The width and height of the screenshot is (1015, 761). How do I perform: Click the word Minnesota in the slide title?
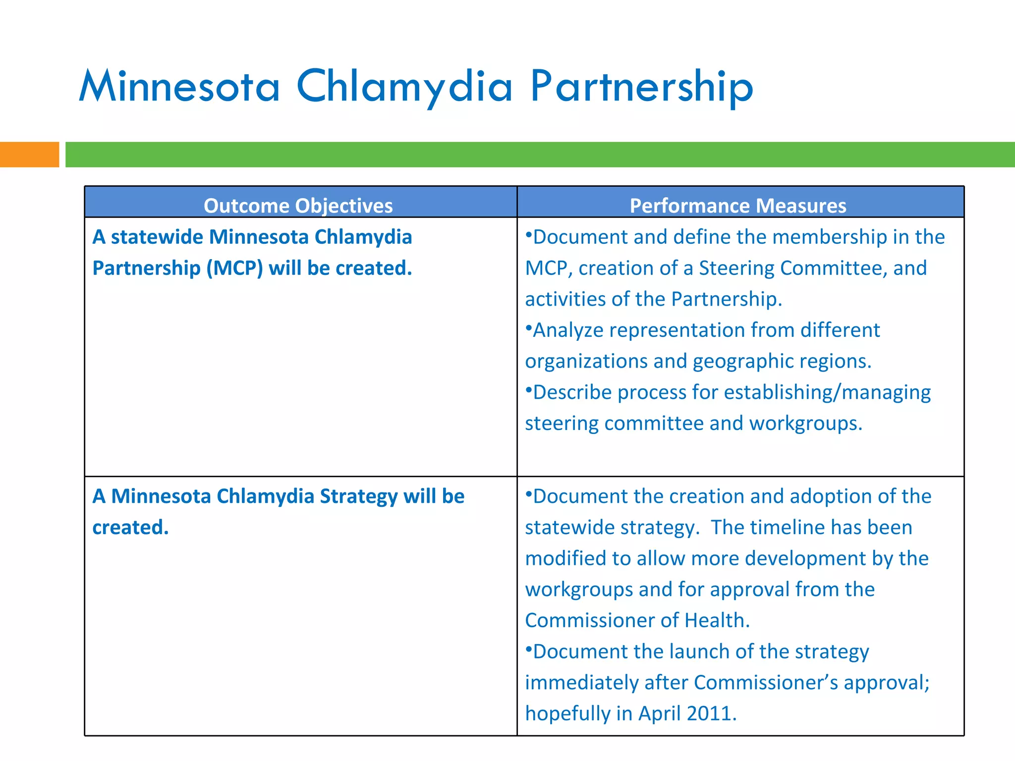(x=179, y=87)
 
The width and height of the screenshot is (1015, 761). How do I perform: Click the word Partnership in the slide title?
(x=641, y=87)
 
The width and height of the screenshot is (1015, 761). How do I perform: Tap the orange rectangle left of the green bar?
(x=29, y=155)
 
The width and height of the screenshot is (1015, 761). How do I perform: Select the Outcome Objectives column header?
(x=298, y=206)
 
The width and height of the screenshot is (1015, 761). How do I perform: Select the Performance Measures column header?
(x=737, y=206)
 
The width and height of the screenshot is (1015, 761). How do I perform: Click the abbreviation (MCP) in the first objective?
(x=234, y=268)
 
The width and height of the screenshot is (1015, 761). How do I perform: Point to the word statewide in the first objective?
(x=157, y=237)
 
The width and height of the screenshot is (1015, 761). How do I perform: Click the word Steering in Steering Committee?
(x=736, y=268)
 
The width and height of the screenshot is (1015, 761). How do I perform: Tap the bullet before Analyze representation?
(x=528, y=327)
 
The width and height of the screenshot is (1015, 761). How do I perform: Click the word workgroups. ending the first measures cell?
(x=805, y=424)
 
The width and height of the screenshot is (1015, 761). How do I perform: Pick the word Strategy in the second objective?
(x=358, y=496)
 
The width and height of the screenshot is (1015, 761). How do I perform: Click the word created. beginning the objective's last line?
(x=130, y=528)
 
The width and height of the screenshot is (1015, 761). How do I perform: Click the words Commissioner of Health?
(x=637, y=620)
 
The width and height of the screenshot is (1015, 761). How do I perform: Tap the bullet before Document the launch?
(x=528, y=649)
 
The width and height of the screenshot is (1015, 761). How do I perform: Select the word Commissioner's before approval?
(x=766, y=683)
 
